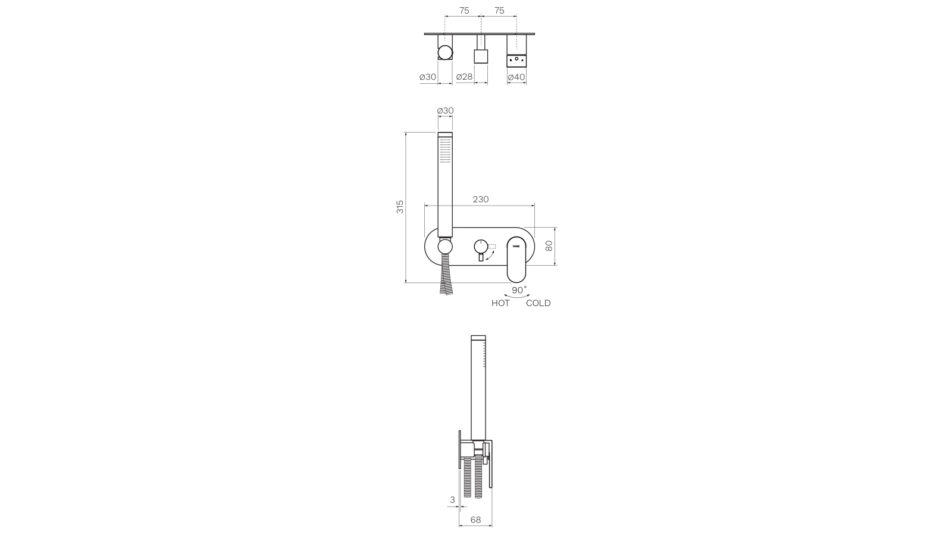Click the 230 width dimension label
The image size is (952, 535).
tap(480, 199)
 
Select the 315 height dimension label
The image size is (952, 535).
tap(400, 207)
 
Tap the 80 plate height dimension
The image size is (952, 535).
tap(549, 245)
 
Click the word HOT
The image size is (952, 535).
tap(500, 303)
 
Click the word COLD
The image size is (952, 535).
tap(538, 303)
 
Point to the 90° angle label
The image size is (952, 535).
tap(519, 290)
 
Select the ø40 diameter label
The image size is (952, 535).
tap(516, 77)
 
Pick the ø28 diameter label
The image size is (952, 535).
tap(464, 77)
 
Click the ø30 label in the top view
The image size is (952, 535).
tap(428, 77)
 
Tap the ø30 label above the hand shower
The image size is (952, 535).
tap(445, 111)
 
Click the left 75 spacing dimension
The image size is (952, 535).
tap(464, 11)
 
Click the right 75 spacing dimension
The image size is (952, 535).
tap(499, 11)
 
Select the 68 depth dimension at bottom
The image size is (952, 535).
tap(475, 519)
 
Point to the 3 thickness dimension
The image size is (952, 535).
tap(452, 500)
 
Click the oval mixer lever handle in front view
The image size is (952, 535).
tap(517, 259)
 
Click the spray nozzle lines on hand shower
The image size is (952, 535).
tap(445, 150)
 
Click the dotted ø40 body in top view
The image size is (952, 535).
tap(516, 60)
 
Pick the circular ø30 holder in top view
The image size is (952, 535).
tap(444, 54)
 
